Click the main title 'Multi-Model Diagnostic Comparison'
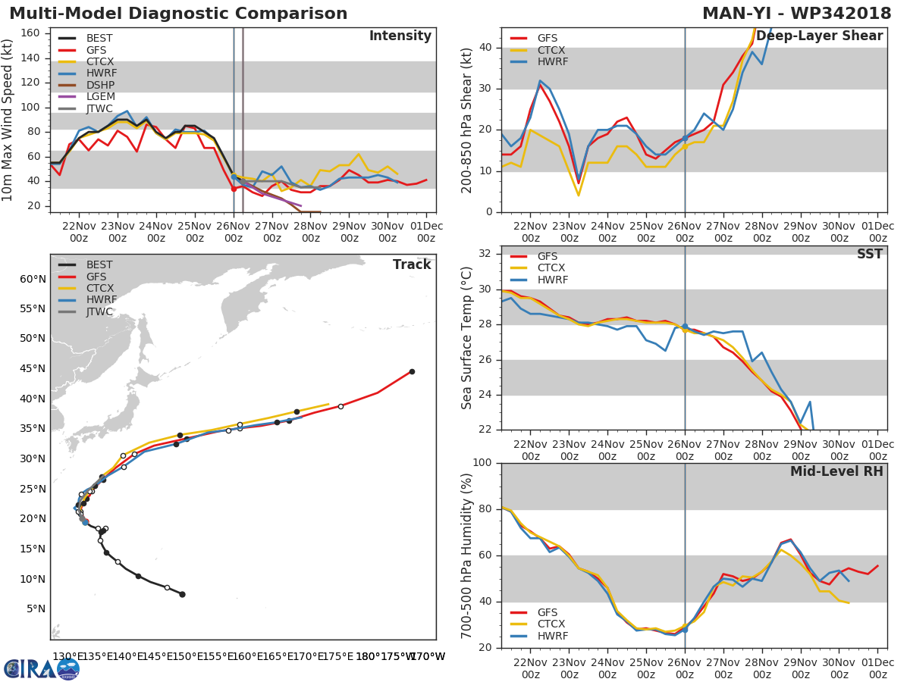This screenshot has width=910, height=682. (x=178, y=14)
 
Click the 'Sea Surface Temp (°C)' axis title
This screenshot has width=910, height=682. (x=467, y=338)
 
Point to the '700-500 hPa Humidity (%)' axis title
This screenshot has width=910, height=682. (x=467, y=555)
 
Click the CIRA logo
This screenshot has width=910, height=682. (x=42, y=668)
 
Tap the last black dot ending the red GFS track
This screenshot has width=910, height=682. (x=412, y=371)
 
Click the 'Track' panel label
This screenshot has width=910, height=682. (x=412, y=264)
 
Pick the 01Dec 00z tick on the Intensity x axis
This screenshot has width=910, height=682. (x=426, y=231)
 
